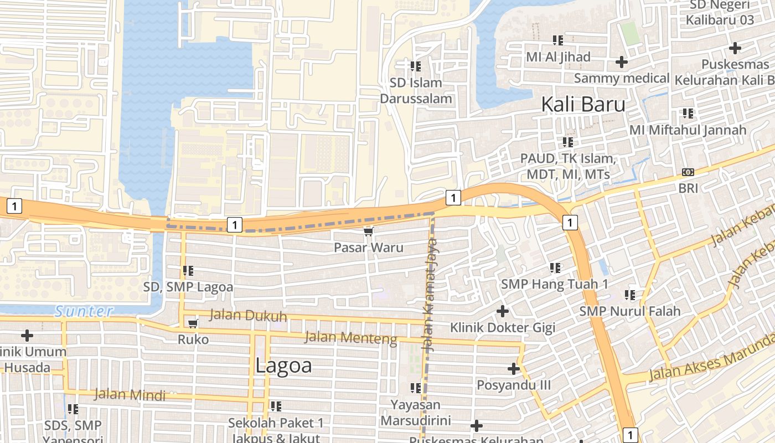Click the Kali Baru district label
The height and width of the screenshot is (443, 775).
(583, 104)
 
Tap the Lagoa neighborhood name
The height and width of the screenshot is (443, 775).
(284, 365)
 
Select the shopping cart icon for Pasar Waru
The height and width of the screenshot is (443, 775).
(368, 231)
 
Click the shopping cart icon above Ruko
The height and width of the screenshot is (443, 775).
(193, 323)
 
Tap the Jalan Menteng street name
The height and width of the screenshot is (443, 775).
(351, 337)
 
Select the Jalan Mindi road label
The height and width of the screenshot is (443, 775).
(130, 395)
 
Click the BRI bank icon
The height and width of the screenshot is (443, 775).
(688, 172)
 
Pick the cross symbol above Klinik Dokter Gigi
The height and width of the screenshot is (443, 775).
(502, 311)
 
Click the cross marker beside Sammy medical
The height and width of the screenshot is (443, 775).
(622, 62)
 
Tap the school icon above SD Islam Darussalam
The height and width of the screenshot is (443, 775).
(416, 66)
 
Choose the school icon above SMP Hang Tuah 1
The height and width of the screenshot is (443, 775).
(555, 268)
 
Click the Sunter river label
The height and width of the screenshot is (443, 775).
(84, 311)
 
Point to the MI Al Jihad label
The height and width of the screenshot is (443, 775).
(558, 56)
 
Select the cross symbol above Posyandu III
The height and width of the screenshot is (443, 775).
(513, 368)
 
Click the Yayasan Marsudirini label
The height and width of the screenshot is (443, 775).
(415, 413)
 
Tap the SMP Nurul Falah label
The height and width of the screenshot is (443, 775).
(629, 311)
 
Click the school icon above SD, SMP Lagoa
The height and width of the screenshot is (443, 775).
(188, 271)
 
